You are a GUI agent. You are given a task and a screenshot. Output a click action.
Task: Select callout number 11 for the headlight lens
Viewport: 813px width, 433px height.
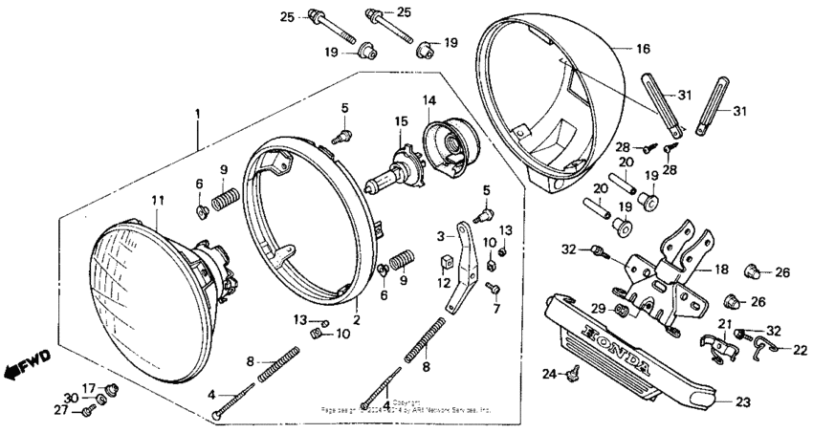click(x=158, y=199)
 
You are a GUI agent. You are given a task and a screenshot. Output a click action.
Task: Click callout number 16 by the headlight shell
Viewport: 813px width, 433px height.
click(x=642, y=48)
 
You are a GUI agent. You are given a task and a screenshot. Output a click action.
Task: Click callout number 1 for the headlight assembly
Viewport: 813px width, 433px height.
click(x=197, y=114)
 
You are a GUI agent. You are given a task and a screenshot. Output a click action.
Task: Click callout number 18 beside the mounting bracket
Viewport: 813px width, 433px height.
click(x=721, y=271)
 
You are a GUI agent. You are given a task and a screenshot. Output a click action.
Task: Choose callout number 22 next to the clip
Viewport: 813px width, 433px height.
click(x=800, y=350)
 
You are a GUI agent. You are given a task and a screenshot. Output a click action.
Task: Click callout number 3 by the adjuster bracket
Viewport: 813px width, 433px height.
click(x=442, y=235)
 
